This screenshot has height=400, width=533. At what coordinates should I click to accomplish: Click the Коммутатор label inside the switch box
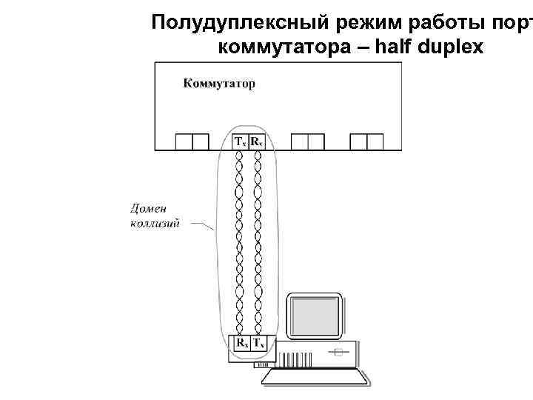[x=218, y=84]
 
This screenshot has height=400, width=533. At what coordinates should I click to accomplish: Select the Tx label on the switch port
[x=240, y=141]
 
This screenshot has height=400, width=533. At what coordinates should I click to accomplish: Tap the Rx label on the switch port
[x=256, y=141]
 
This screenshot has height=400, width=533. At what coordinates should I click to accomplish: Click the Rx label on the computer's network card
[x=241, y=343]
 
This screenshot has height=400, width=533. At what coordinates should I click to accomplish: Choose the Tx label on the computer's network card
[x=258, y=343]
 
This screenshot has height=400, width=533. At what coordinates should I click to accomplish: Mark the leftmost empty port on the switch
[x=192, y=141]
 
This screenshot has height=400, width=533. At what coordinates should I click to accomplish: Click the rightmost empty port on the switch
[x=366, y=141]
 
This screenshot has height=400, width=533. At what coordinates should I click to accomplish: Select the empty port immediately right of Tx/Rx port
[x=308, y=141]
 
